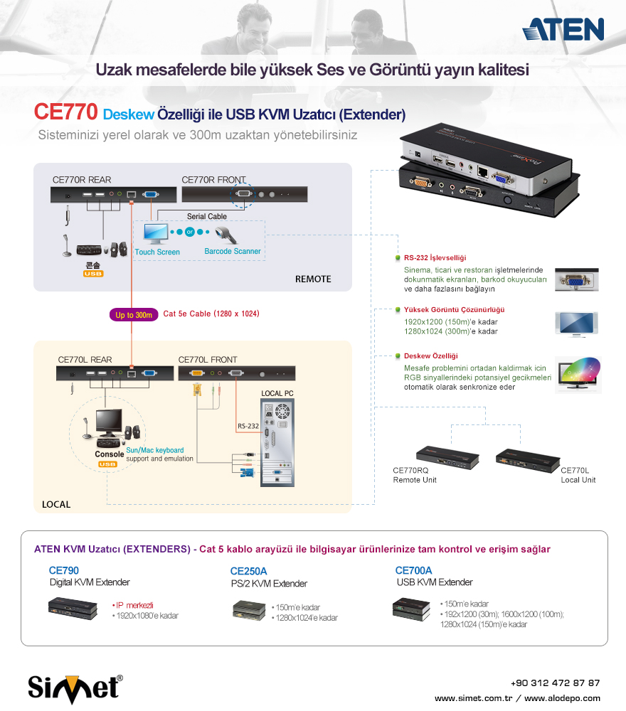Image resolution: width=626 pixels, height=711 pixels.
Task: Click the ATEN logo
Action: pyautogui.click(x=563, y=29)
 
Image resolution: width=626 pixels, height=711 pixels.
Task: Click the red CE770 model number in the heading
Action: pyautogui.click(x=65, y=112)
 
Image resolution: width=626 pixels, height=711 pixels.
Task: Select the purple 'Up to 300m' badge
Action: pyautogui.click(x=134, y=315)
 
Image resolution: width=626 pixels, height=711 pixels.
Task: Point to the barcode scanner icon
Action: pyautogui.click(x=226, y=235)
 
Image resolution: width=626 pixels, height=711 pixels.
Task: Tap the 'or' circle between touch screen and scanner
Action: pyautogui.click(x=190, y=232)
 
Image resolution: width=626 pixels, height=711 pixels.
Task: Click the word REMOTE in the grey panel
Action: pyautogui.click(x=313, y=279)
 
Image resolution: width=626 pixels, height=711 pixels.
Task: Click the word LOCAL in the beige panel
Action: pyautogui.click(x=56, y=504)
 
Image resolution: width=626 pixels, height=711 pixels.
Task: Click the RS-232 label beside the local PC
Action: pyautogui.click(x=248, y=426)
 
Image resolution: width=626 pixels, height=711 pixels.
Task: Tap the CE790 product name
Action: pyautogui.click(x=64, y=570)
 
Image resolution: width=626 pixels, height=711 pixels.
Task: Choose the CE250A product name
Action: pyautogui.click(x=248, y=572)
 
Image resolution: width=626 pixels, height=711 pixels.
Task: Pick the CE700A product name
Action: pyautogui.click(x=414, y=570)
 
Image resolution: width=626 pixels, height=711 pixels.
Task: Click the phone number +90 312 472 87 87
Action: pyautogui.click(x=556, y=683)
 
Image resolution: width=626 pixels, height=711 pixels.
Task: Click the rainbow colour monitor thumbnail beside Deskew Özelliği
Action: pyautogui.click(x=578, y=375)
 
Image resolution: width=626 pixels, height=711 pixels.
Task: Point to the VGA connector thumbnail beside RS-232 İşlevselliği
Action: pyautogui.click(x=576, y=279)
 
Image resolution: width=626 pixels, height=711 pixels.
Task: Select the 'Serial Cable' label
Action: pyautogui.click(x=207, y=217)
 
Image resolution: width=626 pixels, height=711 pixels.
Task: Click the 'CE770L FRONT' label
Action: pyautogui.click(x=208, y=360)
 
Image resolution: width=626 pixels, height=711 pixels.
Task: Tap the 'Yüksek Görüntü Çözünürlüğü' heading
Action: pyautogui.click(x=454, y=310)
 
